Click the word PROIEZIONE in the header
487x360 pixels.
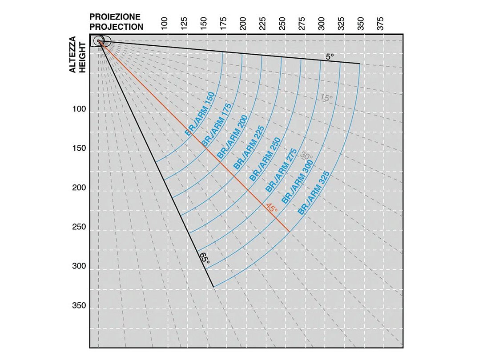115,17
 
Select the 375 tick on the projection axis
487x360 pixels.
381,24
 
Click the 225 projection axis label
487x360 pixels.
262,24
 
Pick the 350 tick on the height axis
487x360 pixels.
79,306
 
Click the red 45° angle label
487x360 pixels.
271,208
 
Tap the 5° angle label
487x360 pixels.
330,56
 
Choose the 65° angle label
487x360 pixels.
204,258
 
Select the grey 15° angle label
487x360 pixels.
326,98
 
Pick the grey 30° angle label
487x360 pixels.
306,156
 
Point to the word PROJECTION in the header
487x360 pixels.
117,27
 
